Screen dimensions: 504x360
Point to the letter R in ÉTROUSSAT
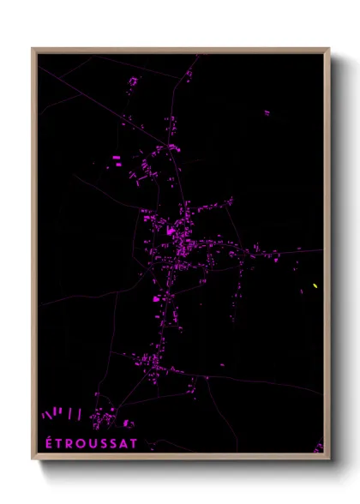pyautogui.click(x=65, y=444)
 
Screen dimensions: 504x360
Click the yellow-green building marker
pyautogui.click(x=315, y=285)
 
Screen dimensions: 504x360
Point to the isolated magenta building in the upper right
pyautogui.click(x=267, y=112)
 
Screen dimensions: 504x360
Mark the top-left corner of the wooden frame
pyautogui.click(x=33, y=49)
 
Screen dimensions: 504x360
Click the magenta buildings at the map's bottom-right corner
pyautogui.click(x=319, y=447)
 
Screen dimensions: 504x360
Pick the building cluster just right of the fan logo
pyautogui.click(x=105, y=418)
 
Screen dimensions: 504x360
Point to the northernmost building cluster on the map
pyautogui.click(x=189, y=74)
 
